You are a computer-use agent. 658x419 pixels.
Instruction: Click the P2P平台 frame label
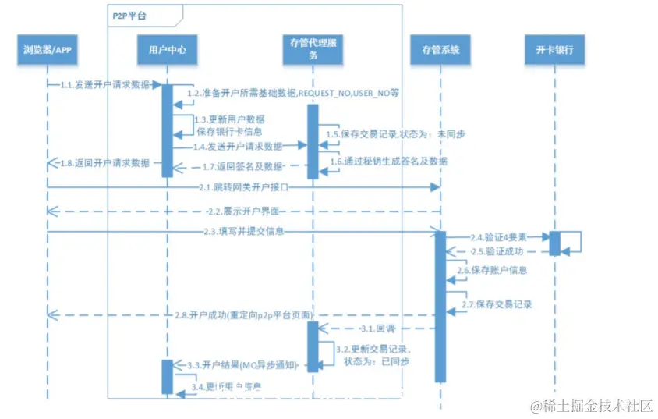tap(127, 14)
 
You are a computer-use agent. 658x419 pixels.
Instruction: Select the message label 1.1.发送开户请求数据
tap(104, 84)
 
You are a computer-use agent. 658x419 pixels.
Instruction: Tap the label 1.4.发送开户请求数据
tap(239, 146)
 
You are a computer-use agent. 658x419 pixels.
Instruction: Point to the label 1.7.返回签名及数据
tap(239, 166)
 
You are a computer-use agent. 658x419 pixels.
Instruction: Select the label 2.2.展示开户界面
tap(242, 211)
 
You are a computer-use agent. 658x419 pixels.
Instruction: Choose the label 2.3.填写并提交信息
tap(242, 231)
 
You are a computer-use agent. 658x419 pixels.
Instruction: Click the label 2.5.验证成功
tap(497, 252)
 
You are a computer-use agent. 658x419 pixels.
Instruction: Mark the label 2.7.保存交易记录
tap(495, 304)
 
